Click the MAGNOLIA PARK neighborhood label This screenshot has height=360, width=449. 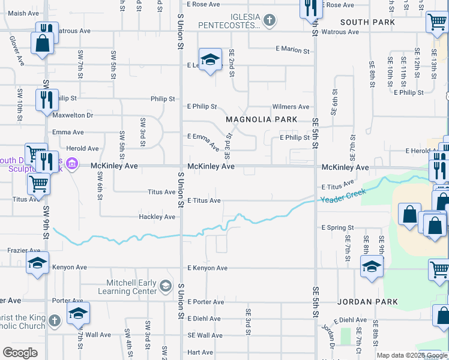pos(261,119)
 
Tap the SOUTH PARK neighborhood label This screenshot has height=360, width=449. pos(367,22)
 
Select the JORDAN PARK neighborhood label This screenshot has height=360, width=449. pos(364,301)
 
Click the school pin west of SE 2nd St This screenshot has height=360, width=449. pos(209,59)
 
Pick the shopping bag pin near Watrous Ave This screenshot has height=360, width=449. pos(41,44)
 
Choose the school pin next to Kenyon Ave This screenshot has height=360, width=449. pos(37,263)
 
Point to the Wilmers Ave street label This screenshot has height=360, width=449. pos(291,107)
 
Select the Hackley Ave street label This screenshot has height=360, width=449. pos(157,217)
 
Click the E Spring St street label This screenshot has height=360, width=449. pos(338,228)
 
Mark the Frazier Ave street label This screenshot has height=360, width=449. pos(23,250)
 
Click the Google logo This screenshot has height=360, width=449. pos(20,353)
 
